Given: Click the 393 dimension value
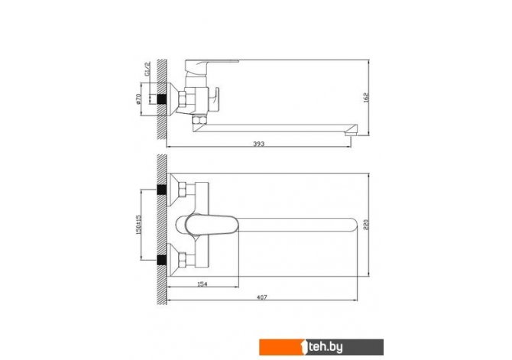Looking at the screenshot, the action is coord(258,144).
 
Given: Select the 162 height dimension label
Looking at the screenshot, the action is coord(366,97).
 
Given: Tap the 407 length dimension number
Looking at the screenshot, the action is coord(262,297).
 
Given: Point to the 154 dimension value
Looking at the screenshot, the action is coord(203,284).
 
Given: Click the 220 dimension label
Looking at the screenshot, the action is coord(366,225).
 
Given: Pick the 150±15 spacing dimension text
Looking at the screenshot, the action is coord(138,225).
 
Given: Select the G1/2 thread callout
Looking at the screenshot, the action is coord(147,69).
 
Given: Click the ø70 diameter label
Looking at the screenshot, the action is coord(138,99).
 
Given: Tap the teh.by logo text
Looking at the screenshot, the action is coord(326,347).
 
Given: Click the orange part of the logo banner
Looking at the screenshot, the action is coord(281,347).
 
